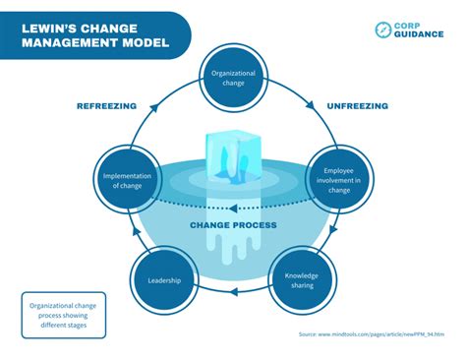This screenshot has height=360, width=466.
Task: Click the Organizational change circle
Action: pos(233,77)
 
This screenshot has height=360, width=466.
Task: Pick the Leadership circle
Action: pos(164,279)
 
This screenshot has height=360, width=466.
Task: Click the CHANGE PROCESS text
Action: pos(233,225)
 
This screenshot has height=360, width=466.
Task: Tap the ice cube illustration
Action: pos(232,157)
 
